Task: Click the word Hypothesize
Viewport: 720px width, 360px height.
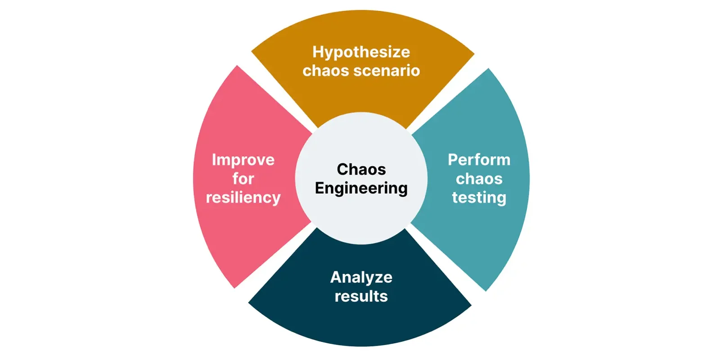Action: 361,52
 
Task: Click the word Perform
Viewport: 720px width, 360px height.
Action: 479,160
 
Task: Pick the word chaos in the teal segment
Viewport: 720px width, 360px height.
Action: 479,179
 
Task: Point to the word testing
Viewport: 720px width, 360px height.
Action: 479,198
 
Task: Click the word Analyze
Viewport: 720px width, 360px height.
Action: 361,277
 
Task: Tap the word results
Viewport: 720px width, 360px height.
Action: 361,296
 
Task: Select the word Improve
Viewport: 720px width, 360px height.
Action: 243,160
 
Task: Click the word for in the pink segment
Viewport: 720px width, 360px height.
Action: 243,179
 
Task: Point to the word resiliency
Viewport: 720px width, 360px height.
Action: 243,198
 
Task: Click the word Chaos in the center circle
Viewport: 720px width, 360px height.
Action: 361,169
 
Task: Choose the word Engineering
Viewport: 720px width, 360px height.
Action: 361,188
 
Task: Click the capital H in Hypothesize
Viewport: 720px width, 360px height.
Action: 318,52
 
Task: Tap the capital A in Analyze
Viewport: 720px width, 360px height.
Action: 336,277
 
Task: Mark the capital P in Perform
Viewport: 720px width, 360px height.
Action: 454,160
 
